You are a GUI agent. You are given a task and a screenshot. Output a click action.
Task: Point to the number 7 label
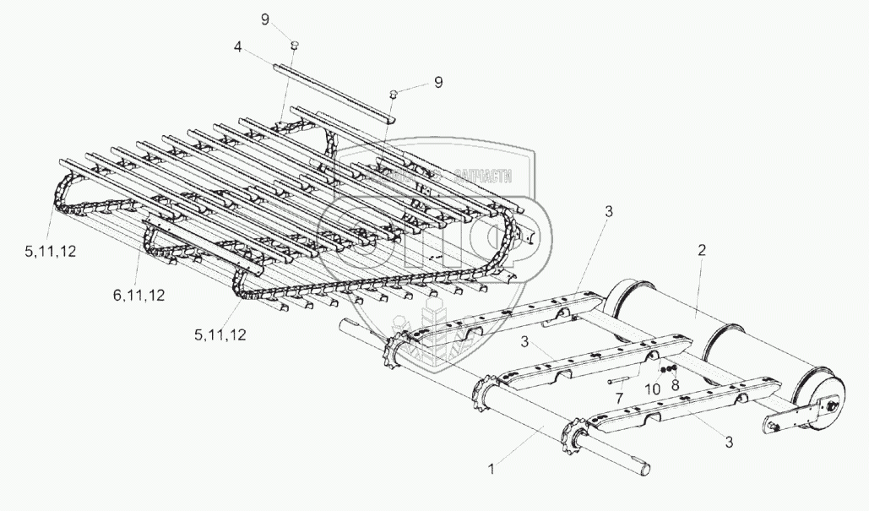coord(619,396)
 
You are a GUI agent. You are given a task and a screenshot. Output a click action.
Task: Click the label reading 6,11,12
coord(138,295)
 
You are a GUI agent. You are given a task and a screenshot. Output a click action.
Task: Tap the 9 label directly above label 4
coord(265,19)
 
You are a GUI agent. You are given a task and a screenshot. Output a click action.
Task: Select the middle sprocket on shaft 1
coord(487,390)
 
